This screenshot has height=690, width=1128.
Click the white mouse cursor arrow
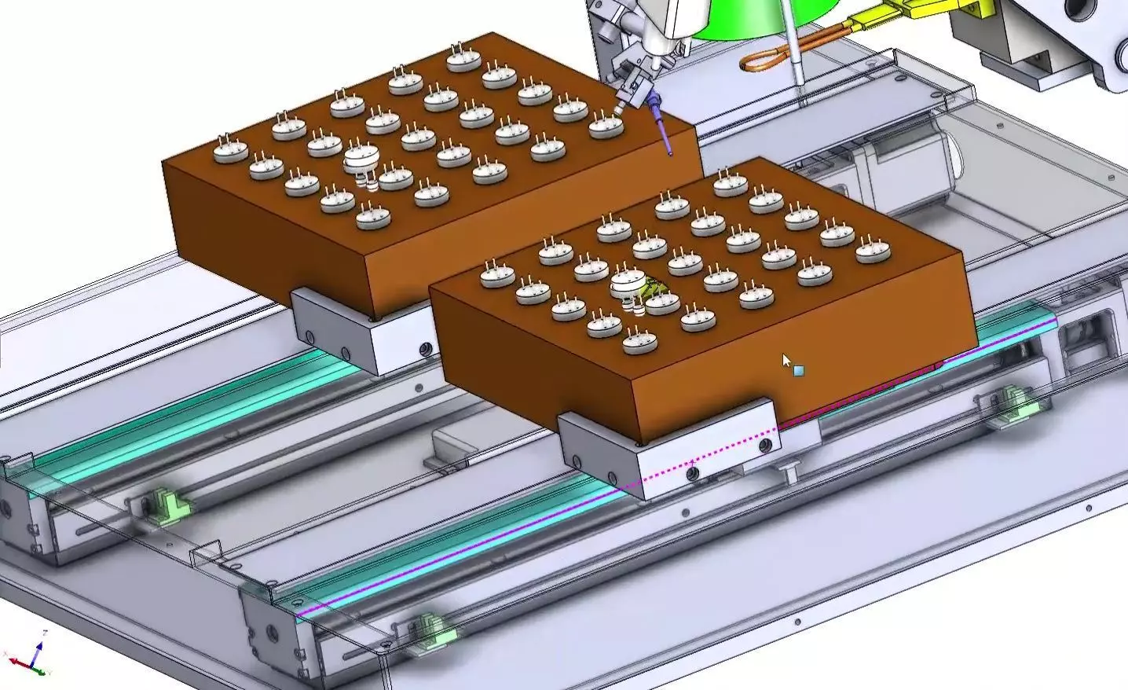[x=786, y=361]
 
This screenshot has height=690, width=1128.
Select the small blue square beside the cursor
[x=798, y=370]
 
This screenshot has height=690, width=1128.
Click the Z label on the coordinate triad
[x=45, y=633]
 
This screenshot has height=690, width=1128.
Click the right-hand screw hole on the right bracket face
[x=764, y=446]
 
